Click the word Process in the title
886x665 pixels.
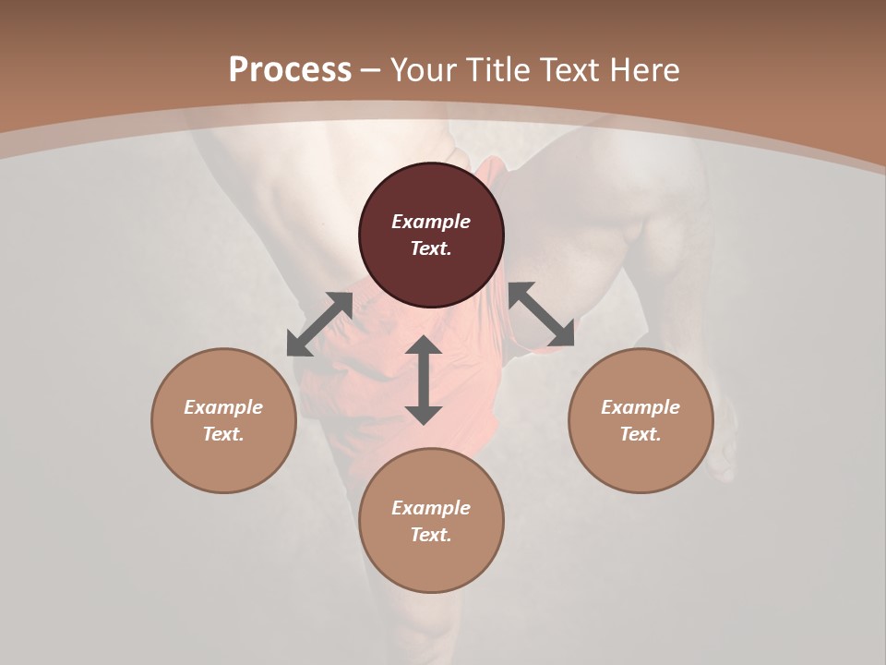click(x=290, y=70)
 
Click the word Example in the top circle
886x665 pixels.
click(x=431, y=222)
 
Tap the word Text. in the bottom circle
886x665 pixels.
click(x=431, y=535)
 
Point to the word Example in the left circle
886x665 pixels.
click(x=223, y=407)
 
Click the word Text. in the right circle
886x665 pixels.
click(x=641, y=434)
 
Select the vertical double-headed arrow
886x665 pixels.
click(x=424, y=380)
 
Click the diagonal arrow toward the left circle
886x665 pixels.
click(x=319, y=324)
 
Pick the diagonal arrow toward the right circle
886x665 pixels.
click(x=541, y=314)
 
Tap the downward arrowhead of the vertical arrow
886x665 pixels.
click(x=424, y=415)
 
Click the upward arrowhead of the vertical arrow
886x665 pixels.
click(x=424, y=345)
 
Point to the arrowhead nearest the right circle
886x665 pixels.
click(x=562, y=334)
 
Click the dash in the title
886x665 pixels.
click(x=371, y=70)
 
